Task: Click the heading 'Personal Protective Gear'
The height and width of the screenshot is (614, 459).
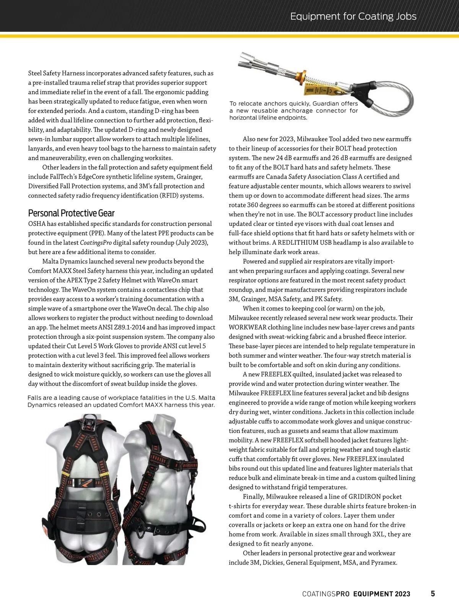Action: pyautogui.click(x=71, y=213)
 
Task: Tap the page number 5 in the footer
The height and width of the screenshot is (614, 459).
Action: pyautogui.click(x=433, y=594)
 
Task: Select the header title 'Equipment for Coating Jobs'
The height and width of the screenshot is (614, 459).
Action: pyautogui.click(x=353, y=16)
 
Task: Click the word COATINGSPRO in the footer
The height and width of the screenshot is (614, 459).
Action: pyautogui.click(x=326, y=594)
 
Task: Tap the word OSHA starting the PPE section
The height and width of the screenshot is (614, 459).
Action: pyautogui.click(x=36, y=224)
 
